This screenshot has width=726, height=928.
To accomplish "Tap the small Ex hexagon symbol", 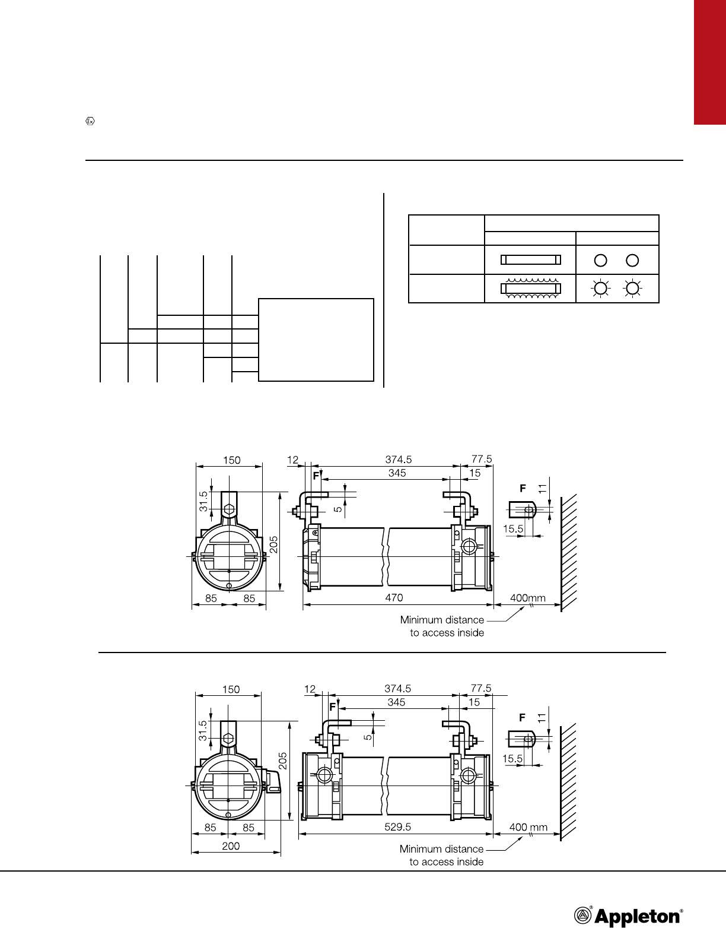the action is pyautogui.click(x=90, y=121).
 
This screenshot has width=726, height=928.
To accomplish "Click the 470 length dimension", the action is pyautogui.click(x=394, y=597).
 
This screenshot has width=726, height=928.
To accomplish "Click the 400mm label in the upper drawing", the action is pyautogui.click(x=528, y=598).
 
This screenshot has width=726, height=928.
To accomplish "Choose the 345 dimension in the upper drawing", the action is pyautogui.click(x=397, y=473).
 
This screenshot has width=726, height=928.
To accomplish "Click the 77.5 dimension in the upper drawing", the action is pyautogui.click(x=482, y=459).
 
